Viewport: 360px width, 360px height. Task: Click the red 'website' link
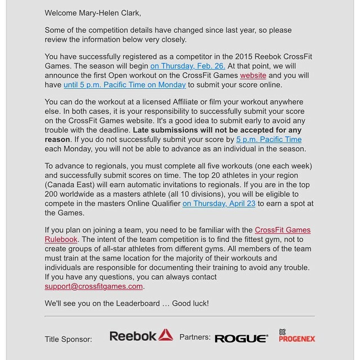253,75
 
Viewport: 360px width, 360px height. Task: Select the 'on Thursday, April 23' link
219,204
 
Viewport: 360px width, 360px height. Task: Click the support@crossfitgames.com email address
94,286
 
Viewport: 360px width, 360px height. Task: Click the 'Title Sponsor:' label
68,339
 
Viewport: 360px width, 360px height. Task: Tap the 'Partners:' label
195,337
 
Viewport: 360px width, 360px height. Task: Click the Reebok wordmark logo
133,336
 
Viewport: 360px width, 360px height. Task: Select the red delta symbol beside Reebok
166,335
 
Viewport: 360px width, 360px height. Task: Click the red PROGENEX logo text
297,339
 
